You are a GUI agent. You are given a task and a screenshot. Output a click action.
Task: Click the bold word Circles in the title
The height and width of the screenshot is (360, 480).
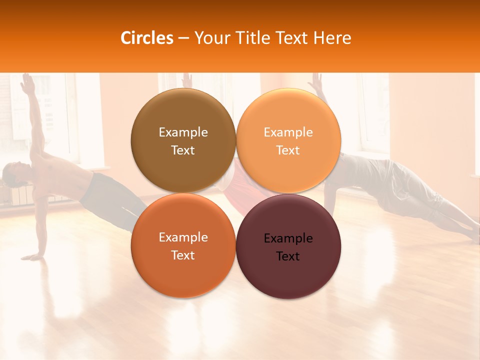pyautogui.click(x=146, y=38)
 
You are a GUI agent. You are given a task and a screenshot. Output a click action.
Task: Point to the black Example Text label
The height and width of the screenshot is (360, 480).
pyautogui.click(x=288, y=247)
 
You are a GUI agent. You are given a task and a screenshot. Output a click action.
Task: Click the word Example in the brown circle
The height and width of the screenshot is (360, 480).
pyautogui.click(x=183, y=132)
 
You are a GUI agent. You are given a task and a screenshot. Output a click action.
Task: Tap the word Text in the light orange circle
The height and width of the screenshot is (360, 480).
pyautogui.click(x=288, y=150)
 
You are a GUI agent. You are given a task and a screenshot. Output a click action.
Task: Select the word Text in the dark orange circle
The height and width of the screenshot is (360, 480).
pyautogui.click(x=183, y=255)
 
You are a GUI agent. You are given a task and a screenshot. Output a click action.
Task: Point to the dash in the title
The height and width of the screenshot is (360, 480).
pyautogui.click(x=183, y=38)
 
